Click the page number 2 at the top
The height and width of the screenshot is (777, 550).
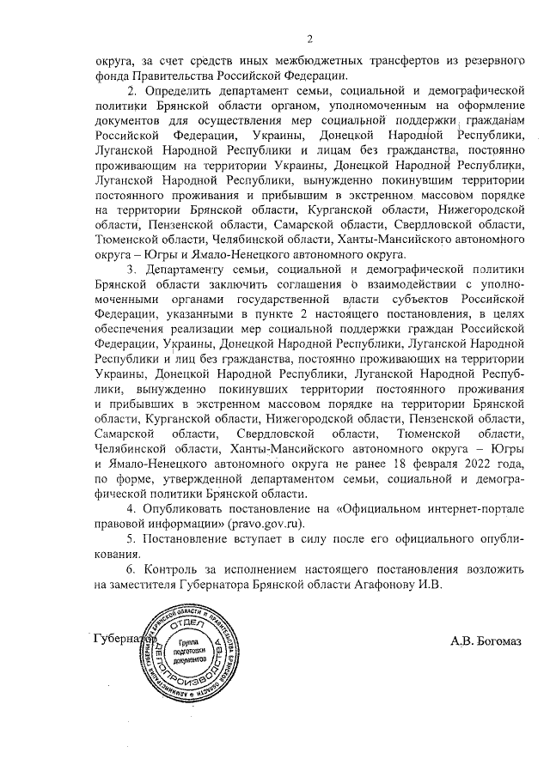pyautogui.click(x=309, y=39)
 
